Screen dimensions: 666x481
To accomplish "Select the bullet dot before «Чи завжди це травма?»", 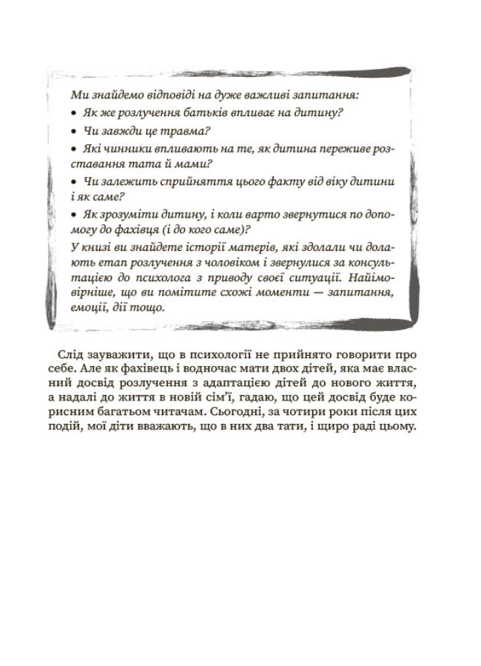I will [x=73, y=131].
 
